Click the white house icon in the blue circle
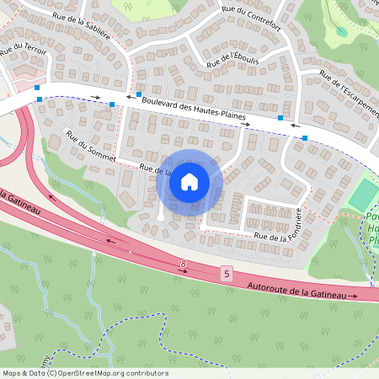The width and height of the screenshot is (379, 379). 189,181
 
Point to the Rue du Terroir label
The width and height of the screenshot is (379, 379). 24,52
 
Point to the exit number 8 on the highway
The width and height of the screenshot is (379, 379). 182,264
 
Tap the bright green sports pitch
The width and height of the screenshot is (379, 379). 365,195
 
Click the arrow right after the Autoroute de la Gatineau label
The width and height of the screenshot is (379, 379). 353,296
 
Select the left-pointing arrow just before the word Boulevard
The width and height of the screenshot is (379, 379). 130,98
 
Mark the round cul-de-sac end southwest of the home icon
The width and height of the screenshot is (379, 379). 161,217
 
